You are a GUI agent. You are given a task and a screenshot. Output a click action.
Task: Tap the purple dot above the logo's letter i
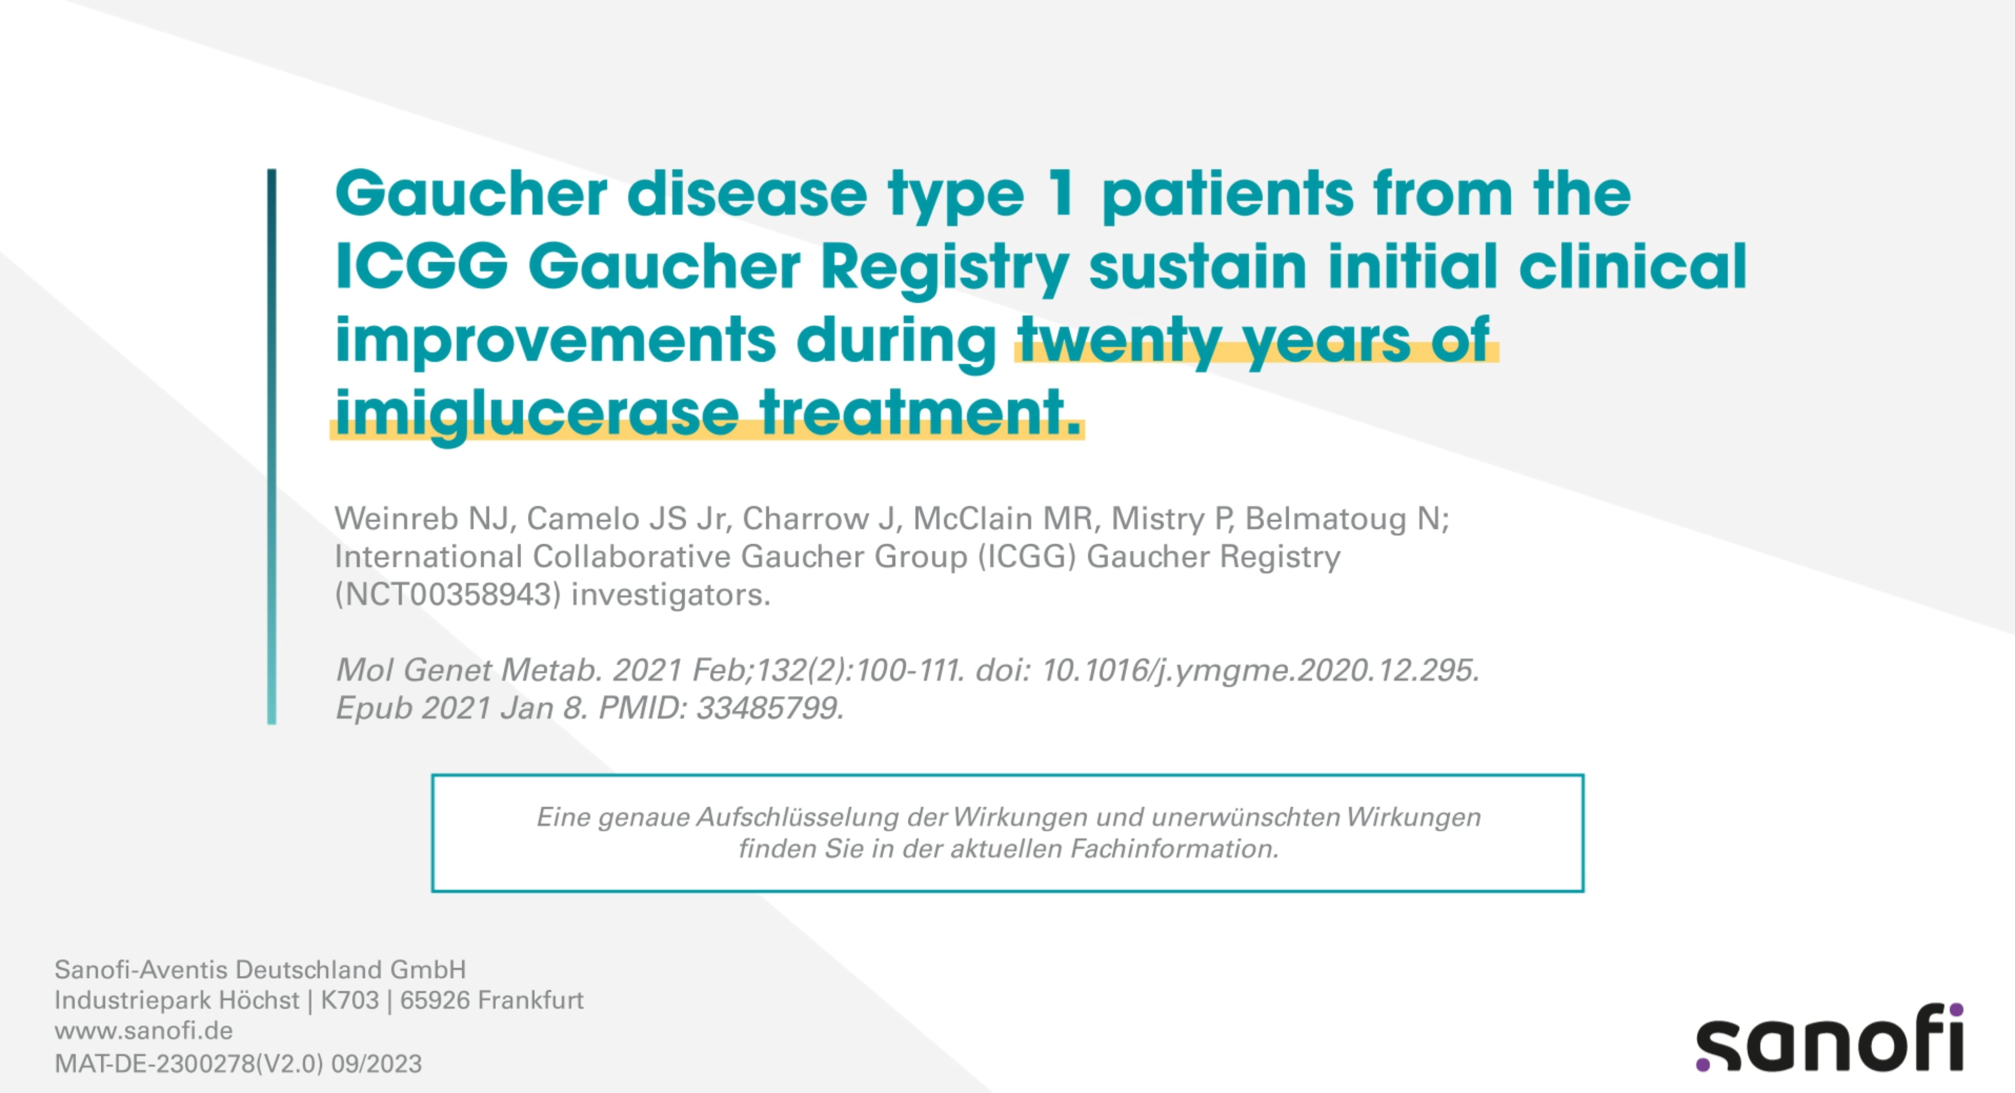coord(1956,1010)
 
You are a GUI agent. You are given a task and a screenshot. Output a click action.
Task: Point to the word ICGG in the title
coord(421,266)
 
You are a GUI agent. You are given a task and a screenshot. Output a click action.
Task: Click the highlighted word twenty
coord(1119,341)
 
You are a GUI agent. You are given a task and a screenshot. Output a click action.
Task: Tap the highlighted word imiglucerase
coord(537,413)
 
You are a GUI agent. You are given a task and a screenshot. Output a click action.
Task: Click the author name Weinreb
coord(396,519)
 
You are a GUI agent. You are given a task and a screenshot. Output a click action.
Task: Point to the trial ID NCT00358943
coord(448,595)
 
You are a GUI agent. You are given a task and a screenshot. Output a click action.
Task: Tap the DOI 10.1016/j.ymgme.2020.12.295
coord(1259,671)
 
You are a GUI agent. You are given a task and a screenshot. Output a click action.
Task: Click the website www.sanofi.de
coord(143,1031)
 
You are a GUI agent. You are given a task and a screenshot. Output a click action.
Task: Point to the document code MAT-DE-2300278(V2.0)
coord(188,1063)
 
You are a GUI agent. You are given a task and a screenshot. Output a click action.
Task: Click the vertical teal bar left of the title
coord(271,446)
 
